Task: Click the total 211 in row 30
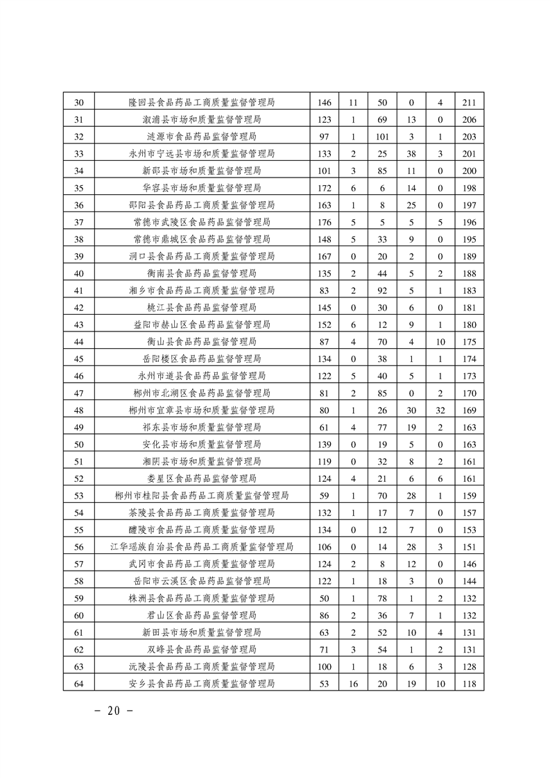[x=469, y=103]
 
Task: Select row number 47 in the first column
[x=78, y=393]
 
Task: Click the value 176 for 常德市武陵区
[x=324, y=222]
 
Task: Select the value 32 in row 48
[x=440, y=410]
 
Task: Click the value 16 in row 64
[x=353, y=684]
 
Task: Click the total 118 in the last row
[x=469, y=684]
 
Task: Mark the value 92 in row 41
[x=382, y=291]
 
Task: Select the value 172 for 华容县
[x=324, y=188]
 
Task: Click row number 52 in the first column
[x=78, y=478]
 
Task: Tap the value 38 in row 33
[x=411, y=154]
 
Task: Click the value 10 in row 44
[x=440, y=342]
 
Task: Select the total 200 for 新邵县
[x=469, y=171]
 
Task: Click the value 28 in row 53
[x=411, y=496]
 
